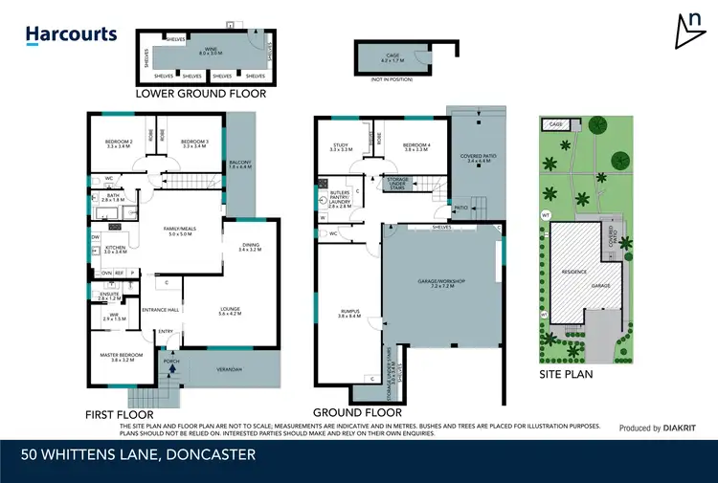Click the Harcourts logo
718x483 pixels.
[71, 35]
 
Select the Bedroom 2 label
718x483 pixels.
[118, 144]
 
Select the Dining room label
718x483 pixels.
[252, 247]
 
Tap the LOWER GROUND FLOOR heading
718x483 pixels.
[201, 95]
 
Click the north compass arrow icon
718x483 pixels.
[689, 32]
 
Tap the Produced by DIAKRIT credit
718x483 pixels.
[655, 428]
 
